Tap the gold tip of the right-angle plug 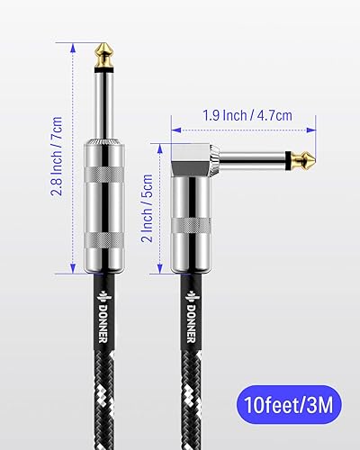(308, 159)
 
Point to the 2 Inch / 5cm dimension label (144, 206)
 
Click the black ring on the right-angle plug (292, 159)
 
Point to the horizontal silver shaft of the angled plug (256, 159)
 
